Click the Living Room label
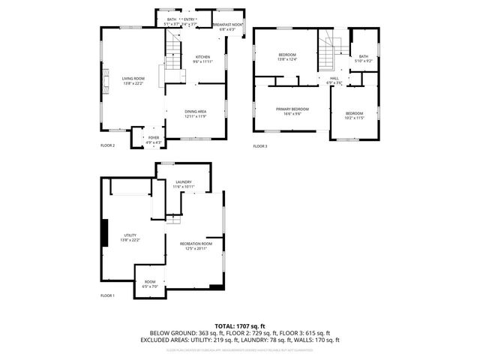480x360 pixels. click(133, 79)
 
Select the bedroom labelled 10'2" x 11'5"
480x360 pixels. click(354, 115)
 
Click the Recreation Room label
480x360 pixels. click(196, 245)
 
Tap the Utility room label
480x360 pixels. click(130, 238)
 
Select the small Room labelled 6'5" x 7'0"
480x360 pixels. click(150, 284)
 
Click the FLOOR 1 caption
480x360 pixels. click(108, 295)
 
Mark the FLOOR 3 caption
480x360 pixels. click(260, 145)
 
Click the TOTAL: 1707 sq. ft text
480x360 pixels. click(240, 325)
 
